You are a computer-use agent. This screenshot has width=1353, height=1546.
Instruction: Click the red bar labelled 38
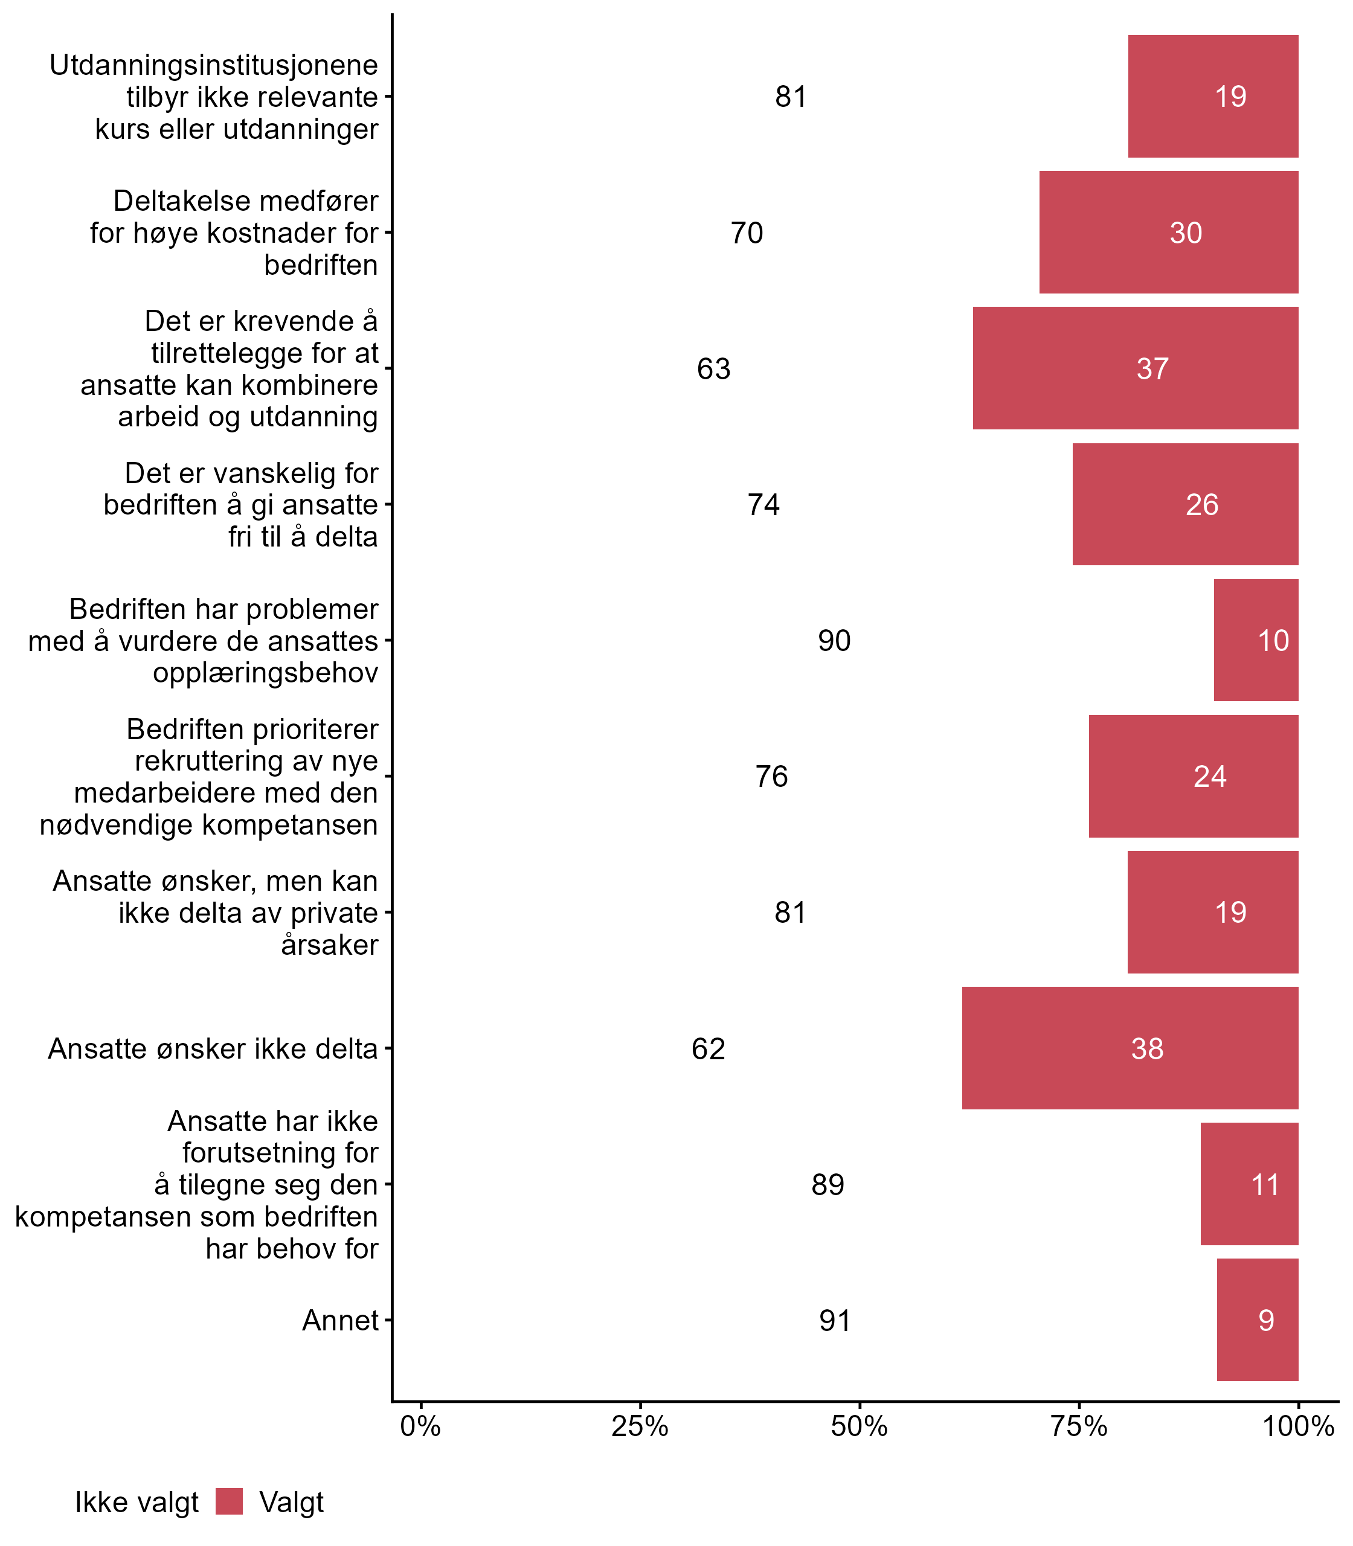click(1130, 1048)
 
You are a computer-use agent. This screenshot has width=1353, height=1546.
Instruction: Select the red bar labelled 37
click(1135, 368)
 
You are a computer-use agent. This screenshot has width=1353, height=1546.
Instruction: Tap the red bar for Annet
click(1257, 1320)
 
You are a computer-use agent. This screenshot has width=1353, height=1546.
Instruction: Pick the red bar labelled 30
click(1168, 233)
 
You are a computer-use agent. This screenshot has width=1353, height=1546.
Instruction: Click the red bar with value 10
click(1256, 640)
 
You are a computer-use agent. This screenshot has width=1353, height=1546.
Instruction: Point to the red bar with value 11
click(1249, 1184)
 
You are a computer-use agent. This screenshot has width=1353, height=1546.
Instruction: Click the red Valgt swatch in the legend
click(229, 1501)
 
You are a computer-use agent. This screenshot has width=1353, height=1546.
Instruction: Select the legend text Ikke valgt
click(137, 1503)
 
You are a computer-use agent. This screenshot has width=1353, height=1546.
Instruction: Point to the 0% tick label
click(420, 1426)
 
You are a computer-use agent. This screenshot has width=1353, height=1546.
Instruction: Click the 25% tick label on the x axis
click(640, 1426)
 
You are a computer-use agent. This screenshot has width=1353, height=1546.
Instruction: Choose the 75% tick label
click(1079, 1426)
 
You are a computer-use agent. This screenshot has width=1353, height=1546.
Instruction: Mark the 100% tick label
click(1298, 1426)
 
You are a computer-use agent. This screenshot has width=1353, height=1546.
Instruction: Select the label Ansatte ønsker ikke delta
click(212, 1048)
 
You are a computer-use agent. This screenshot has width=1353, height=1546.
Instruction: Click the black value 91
click(835, 1320)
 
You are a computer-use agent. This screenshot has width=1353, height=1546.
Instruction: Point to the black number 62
click(708, 1048)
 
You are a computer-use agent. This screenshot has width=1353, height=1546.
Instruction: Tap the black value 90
click(834, 640)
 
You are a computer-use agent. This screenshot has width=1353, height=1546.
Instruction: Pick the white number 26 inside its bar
click(1202, 504)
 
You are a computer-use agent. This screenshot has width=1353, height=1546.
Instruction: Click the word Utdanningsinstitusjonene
click(214, 65)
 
